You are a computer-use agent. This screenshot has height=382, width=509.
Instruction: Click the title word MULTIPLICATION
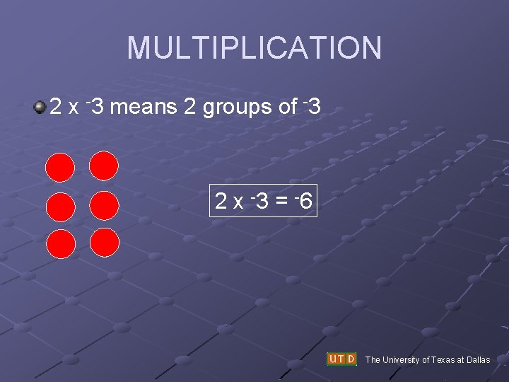255,48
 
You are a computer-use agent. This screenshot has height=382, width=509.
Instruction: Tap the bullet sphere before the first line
40,108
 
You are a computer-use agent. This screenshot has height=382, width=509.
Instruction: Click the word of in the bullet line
288,108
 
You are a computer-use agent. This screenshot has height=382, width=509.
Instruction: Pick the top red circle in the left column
60,168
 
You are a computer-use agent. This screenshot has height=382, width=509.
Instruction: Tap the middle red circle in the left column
60,207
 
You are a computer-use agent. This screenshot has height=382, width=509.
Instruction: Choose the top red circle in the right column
104,166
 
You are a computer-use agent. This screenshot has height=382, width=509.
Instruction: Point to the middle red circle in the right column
104,205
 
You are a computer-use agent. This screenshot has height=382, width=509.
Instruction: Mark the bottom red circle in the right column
104,242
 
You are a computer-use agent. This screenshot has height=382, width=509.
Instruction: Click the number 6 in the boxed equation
305,202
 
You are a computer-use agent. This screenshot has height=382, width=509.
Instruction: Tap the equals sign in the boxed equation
281,202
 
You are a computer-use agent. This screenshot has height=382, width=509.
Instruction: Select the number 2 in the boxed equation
221,202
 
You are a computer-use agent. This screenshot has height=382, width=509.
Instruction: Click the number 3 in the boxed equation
261,202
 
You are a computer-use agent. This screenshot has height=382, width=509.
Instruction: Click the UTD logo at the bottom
341,359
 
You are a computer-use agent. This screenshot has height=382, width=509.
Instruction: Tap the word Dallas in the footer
478,360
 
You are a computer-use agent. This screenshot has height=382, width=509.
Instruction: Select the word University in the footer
402,360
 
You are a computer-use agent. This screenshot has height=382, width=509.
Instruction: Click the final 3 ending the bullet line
315,108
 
